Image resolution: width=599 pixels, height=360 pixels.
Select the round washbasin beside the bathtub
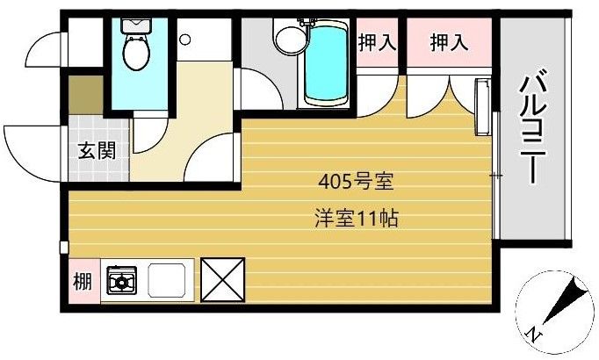coord(286,39)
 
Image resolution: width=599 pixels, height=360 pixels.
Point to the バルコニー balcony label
coord(530,127)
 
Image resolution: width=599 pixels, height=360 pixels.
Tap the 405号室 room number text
coord(355,184)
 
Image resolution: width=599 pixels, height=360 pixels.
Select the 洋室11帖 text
coord(355,219)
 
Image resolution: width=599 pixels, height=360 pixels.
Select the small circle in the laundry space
coord(185,40)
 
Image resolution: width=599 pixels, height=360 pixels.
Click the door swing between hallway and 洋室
coord(211,158)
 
